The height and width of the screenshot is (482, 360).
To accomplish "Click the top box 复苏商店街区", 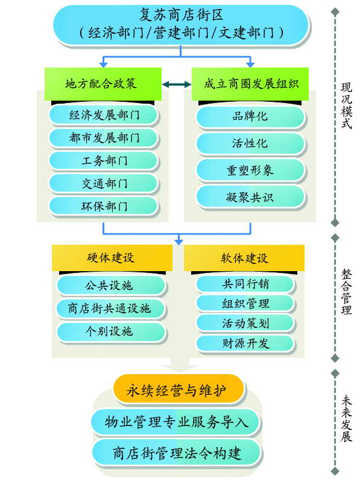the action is coord(181,25).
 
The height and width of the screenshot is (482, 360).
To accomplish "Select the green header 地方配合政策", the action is coord(103,84).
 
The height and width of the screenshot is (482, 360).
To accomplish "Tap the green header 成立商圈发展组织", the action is coord(250,84).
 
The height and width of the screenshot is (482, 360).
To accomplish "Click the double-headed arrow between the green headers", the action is coord(177,84).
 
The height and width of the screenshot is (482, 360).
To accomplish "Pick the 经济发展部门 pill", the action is coord(104,115).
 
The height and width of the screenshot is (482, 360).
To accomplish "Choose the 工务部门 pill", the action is coord(104,160).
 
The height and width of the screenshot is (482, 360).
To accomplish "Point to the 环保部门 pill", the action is coord(104,206).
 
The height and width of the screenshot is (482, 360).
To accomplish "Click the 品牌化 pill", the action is coord(250,116).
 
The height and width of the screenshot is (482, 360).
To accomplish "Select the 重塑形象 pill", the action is coord(250,171).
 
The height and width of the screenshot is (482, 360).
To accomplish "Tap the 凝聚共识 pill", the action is coord(250,197).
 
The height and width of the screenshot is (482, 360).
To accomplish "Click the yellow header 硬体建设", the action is coord(112,258).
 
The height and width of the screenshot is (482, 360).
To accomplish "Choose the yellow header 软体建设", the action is coord(244,258).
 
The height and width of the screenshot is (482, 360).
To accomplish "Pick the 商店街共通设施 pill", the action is coord(111,308).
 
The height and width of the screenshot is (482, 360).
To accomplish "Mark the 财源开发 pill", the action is coord(245,343).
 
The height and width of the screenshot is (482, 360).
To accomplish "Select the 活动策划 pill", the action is coord(245,323).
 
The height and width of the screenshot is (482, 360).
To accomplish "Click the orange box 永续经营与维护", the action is coord(178,389).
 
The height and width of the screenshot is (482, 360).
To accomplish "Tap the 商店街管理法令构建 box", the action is coord(177,453).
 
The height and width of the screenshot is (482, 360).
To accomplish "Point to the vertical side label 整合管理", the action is coord(347,292).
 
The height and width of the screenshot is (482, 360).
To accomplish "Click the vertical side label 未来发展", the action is coord(347,418).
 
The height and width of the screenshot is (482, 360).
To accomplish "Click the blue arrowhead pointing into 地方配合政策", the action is coord(103,64).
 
